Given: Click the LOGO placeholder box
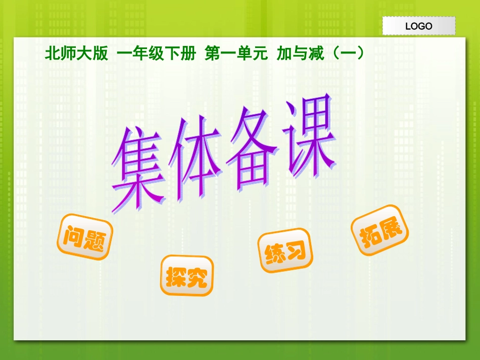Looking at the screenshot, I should coord(419,26).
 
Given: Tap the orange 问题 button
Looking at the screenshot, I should coord(84,237).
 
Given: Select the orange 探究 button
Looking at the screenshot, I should coord(187,276).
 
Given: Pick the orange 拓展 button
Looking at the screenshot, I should coord(379,233).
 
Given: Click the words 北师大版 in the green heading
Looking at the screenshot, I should coord(76,54).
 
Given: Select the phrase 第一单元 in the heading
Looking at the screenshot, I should coord(236,54).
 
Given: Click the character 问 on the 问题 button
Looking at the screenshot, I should coord(74,234).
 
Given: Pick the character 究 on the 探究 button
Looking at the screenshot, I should coord(198,277).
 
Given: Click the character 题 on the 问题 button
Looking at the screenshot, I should coord(95,240).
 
